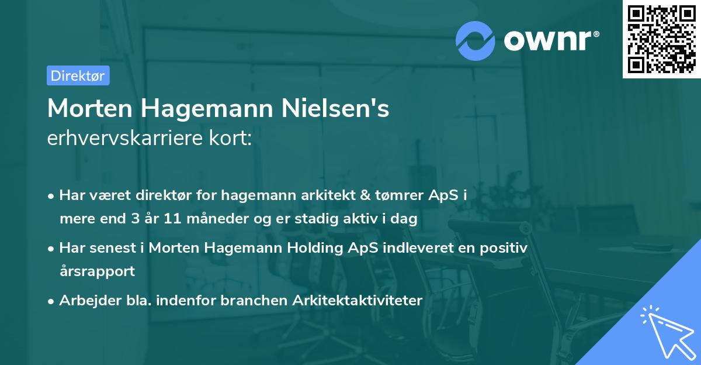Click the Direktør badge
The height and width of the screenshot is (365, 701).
pos(78,75)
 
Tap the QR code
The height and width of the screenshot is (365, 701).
pos(661,39)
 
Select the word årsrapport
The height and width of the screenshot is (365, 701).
pos(97,271)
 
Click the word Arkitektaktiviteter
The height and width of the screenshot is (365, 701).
pos(358,300)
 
